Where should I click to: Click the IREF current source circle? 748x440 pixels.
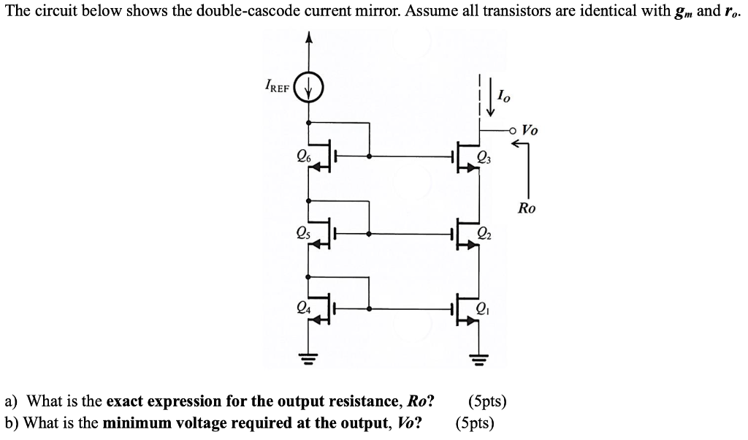(308, 92)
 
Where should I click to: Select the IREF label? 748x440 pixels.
(279, 91)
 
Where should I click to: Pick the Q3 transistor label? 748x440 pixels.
(484, 155)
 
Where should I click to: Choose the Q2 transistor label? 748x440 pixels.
(484, 235)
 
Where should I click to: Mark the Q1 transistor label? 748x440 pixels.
(484, 308)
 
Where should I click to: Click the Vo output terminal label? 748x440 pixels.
(530, 130)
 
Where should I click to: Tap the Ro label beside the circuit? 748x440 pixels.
(527, 208)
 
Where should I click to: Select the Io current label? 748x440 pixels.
(503, 95)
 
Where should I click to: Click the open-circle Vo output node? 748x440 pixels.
(514, 131)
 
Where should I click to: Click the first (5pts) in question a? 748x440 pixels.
(486, 401)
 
